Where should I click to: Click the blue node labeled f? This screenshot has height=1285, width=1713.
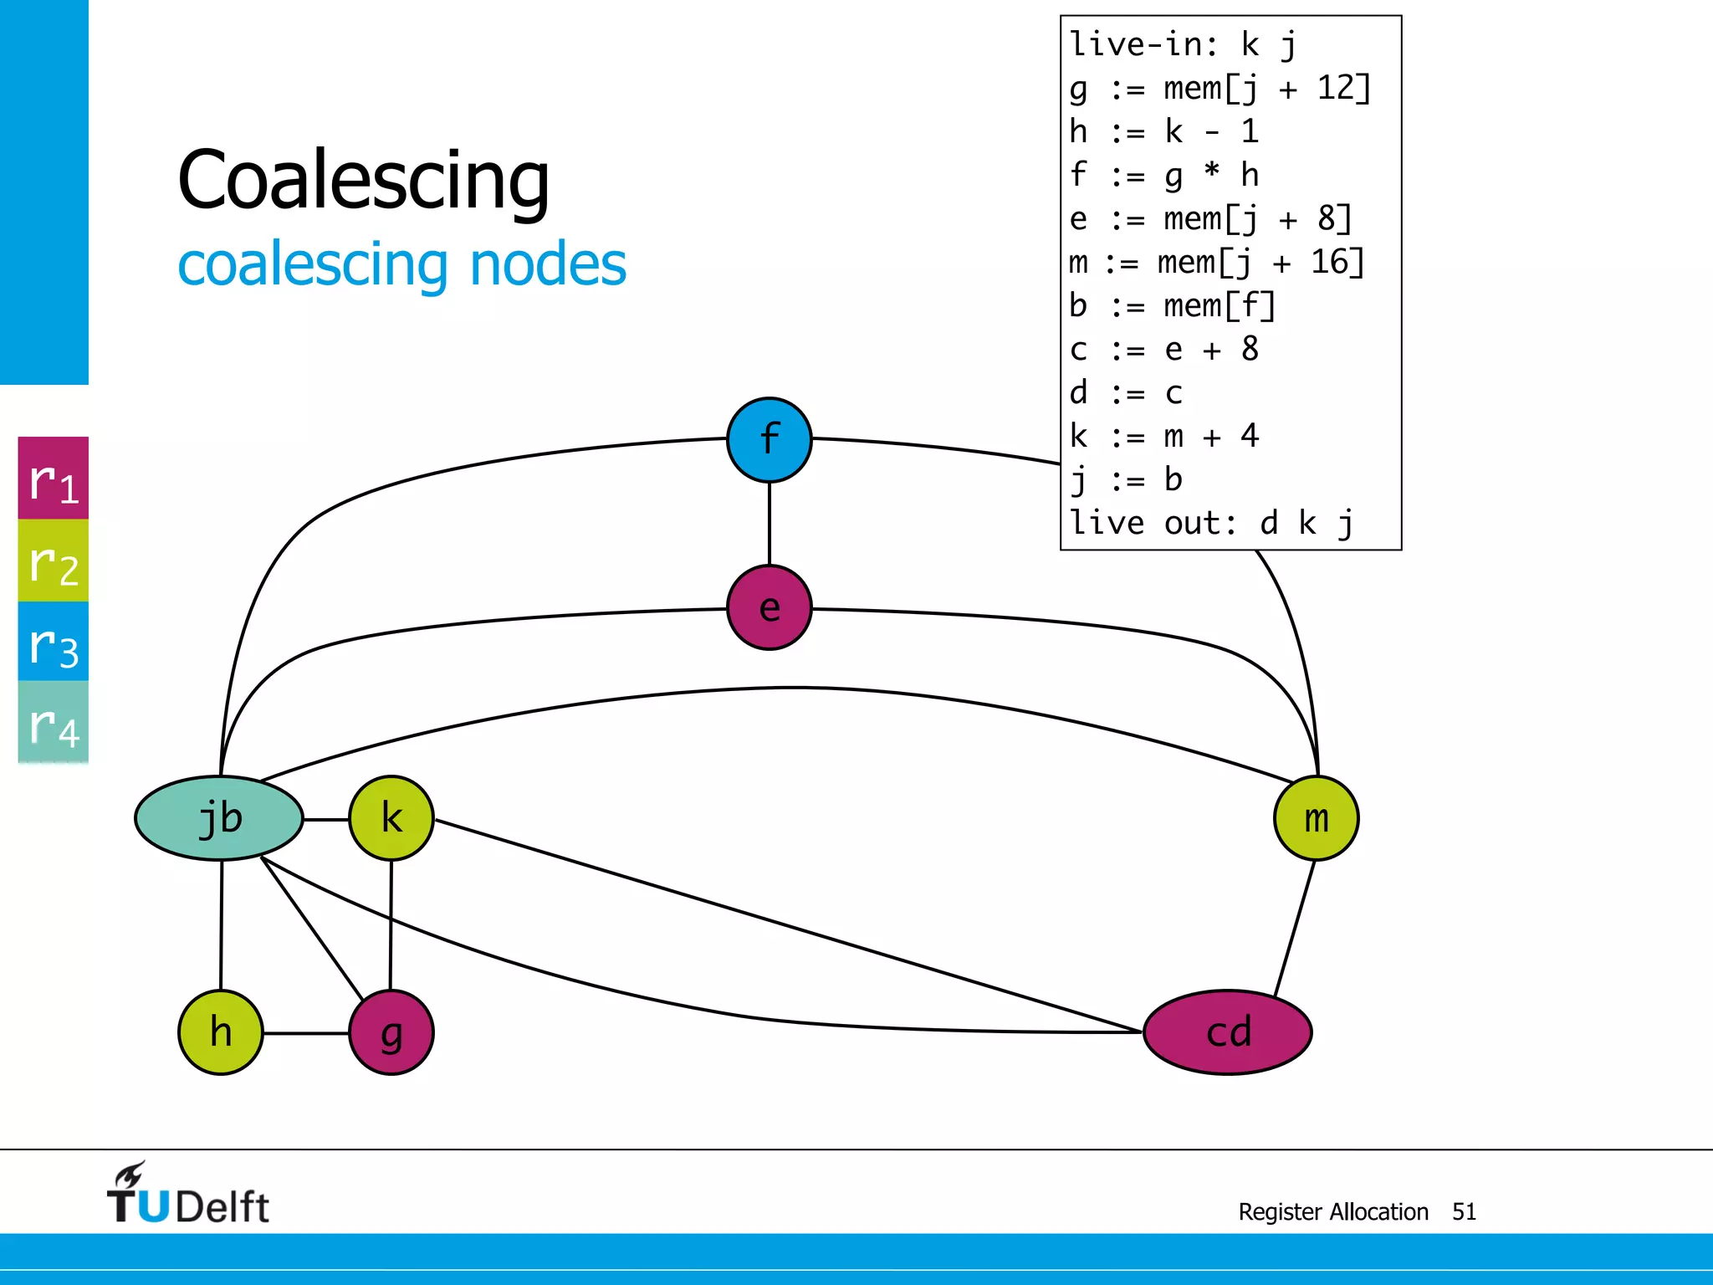[769, 440]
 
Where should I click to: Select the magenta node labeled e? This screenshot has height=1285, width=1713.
[769, 608]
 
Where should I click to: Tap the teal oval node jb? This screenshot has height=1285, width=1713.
[219, 818]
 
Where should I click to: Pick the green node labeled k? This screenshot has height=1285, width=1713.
[391, 818]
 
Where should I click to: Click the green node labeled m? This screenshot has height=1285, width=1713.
[1316, 818]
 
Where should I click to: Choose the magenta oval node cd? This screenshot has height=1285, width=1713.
[1227, 1032]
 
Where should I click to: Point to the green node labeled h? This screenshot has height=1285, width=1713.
[221, 1032]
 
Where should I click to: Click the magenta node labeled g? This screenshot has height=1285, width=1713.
[391, 1032]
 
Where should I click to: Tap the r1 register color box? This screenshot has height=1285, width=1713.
[54, 479]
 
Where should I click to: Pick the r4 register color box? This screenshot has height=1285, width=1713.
[54, 722]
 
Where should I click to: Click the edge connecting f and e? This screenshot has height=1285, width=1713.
[770, 524]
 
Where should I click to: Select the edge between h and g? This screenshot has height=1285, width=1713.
[306, 1033]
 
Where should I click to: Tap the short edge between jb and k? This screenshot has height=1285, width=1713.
[326, 819]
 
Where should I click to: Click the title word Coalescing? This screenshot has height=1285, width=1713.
[364, 180]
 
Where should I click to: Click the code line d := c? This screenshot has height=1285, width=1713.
[1126, 393]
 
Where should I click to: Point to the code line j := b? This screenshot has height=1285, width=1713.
[1126, 480]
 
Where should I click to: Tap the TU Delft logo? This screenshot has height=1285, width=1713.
[187, 1195]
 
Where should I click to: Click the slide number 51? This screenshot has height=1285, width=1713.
[1464, 1211]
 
